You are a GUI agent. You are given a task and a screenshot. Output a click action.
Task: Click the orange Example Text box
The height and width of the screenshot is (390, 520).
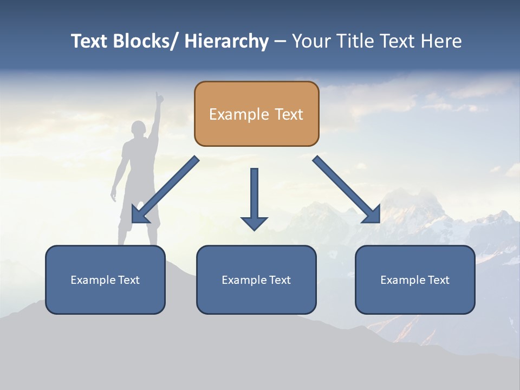[256, 114]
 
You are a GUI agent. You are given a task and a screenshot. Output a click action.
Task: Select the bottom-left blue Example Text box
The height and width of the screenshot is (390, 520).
[105, 279]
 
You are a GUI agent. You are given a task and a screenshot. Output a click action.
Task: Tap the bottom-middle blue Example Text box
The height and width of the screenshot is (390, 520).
[256, 279]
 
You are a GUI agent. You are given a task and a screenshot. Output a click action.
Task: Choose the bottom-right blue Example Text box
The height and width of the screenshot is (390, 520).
[415, 279]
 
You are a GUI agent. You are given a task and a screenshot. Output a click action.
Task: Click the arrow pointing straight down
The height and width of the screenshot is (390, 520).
[254, 198]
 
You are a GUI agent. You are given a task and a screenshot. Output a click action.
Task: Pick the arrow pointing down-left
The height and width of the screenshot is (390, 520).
[166, 190]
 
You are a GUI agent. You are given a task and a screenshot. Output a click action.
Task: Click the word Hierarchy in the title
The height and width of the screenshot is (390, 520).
[226, 41]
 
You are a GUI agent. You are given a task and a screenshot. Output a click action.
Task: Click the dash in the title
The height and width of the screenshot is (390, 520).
[280, 42]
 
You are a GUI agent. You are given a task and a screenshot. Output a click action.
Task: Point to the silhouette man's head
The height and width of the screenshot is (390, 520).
[139, 129]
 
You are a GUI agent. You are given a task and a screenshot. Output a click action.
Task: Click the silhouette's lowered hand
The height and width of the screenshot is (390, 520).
[114, 196]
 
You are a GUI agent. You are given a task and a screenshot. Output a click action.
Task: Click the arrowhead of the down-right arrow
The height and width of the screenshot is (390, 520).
[373, 215]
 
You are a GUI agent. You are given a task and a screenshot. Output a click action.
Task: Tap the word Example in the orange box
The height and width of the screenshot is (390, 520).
[231, 114]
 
